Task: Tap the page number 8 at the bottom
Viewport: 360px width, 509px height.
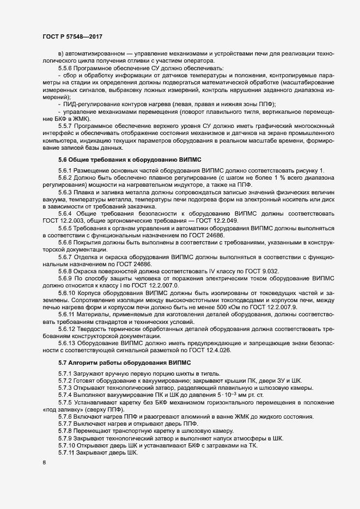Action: [44, 463]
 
